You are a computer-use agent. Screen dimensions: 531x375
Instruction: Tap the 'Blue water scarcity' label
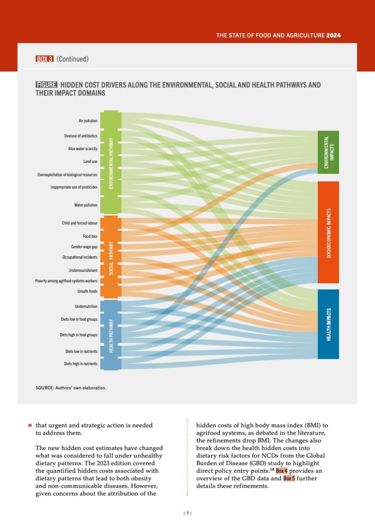(83, 148)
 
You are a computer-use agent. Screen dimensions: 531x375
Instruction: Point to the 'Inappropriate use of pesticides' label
(74, 187)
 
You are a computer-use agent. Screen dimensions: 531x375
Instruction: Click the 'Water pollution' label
(86, 205)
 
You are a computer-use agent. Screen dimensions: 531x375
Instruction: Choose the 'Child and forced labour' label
(80, 223)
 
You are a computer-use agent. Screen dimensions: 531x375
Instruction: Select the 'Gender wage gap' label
(84, 247)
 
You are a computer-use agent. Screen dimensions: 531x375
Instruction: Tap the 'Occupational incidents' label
(80, 257)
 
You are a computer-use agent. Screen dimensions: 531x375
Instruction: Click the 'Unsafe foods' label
(88, 291)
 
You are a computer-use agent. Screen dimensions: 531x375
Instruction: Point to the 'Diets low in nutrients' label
(82, 352)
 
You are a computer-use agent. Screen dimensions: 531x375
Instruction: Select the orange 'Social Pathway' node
(112, 257)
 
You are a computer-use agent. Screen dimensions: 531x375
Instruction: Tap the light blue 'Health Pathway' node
(112, 334)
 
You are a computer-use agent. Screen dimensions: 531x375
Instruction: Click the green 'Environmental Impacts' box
(328, 152)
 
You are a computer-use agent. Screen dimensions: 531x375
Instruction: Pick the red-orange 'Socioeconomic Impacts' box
(328, 232)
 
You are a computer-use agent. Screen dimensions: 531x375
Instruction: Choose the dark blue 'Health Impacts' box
(328, 324)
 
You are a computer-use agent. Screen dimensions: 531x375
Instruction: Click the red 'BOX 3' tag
(44, 59)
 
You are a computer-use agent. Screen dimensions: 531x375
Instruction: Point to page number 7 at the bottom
(187, 513)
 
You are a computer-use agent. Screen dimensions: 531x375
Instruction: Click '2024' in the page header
(333, 35)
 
